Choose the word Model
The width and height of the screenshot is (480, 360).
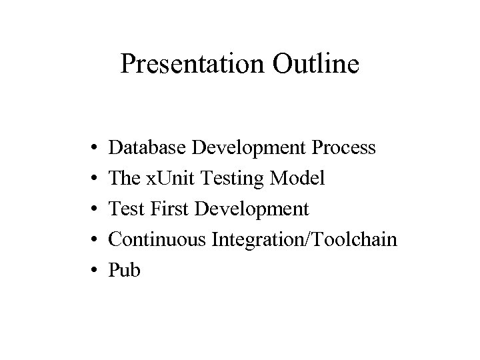(x=301, y=178)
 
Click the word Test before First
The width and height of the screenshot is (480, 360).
(x=125, y=209)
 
